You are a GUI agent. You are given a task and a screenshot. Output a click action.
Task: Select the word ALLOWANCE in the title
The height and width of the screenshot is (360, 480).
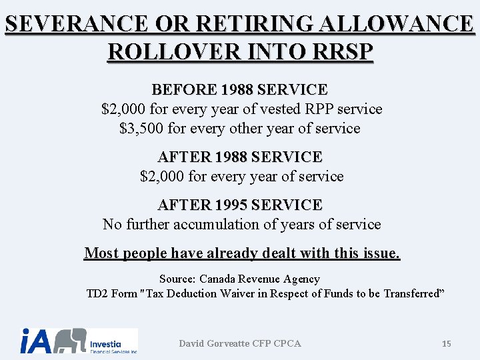[x=397, y=25]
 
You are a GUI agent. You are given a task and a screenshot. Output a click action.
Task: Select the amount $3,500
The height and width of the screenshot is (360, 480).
[x=140, y=129]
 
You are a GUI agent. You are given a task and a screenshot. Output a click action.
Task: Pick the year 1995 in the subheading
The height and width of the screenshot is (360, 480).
[x=234, y=205]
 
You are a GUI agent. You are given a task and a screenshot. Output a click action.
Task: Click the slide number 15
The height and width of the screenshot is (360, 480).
[x=447, y=343]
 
